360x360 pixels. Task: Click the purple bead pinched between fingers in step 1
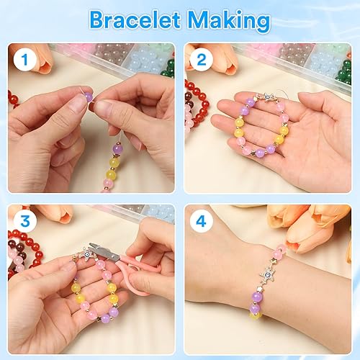point(88,96)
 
